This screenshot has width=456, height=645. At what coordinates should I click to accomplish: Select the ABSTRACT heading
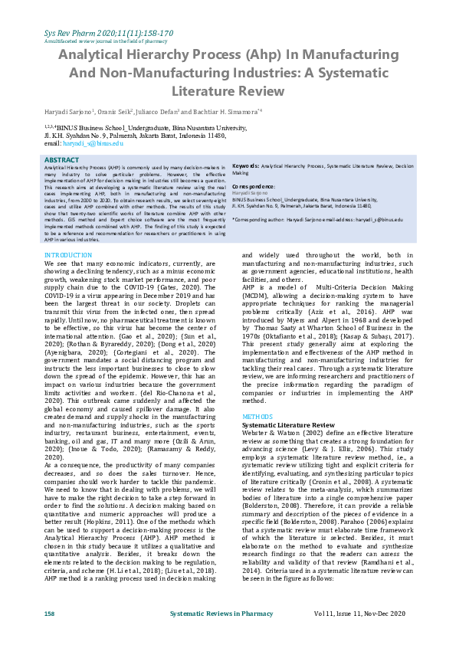click(x=62, y=160)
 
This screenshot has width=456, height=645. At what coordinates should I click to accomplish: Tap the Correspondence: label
click(x=254, y=186)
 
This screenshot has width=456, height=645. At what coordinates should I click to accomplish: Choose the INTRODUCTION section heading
click(x=68, y=254)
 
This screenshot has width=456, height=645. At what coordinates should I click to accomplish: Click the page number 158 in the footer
click(x=50, y=614)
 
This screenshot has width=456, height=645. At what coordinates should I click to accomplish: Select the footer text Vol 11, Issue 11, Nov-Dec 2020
click(x=367, y=614)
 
